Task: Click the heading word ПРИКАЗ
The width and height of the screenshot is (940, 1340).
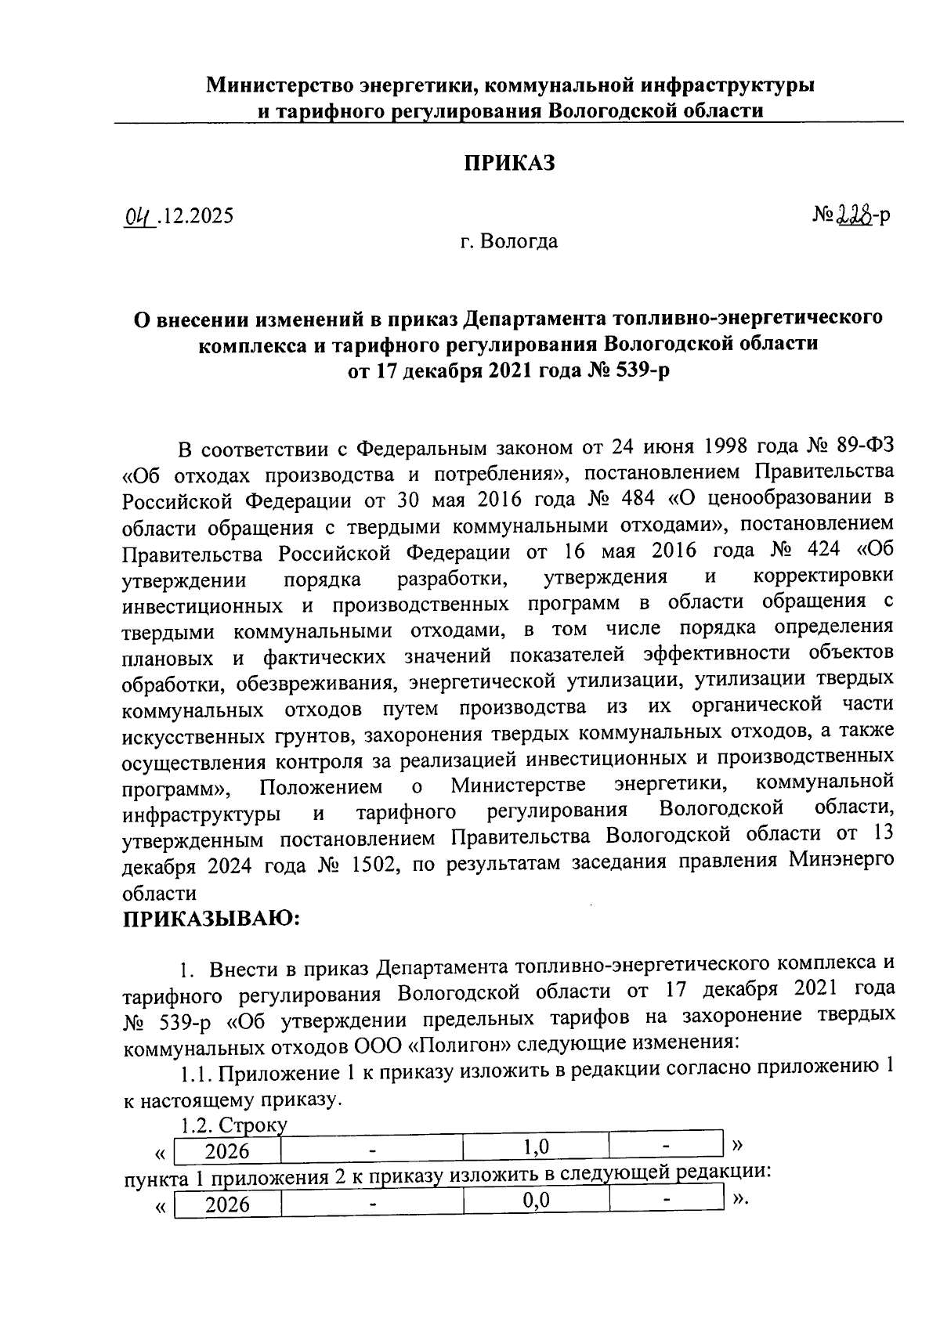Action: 510,163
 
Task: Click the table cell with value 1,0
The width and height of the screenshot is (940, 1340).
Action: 536,1148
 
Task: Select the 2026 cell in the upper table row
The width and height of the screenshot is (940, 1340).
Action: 227,1150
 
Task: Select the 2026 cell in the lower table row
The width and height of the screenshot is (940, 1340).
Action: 227,1204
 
